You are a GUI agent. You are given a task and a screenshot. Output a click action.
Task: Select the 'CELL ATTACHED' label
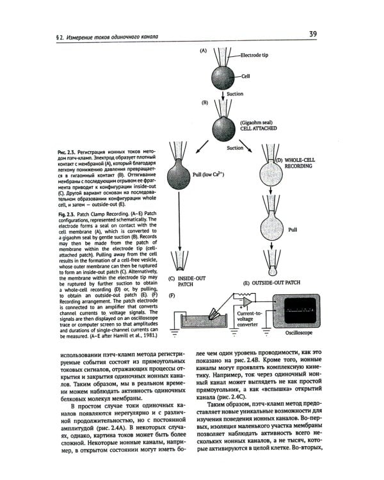pos(257,128)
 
